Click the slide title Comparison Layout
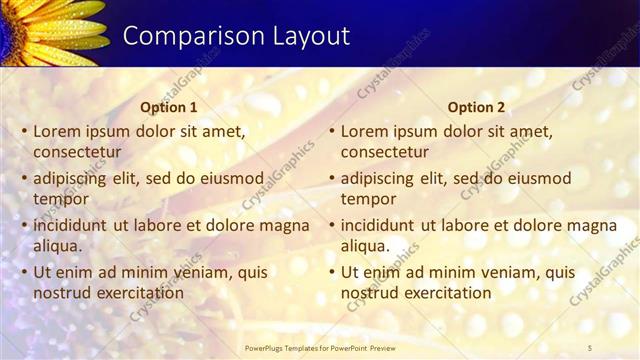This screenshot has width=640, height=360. [x=236, y=36]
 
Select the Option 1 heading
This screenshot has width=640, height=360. [x=169, y=107]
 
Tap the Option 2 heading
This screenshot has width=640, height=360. [x=476, y=107]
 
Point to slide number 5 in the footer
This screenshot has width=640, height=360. [x=591, y=346]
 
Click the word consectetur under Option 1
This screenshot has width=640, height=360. [x=77, y=152]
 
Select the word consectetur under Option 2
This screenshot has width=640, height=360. [x=385, y=152]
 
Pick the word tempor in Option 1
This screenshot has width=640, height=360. [x=61, y=199]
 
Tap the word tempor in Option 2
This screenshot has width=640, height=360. [x=369, y=199]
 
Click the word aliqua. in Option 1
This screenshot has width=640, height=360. [x=58, y=246]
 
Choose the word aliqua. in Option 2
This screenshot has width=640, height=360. [x=366, y=246]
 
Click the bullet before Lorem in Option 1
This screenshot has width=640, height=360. [x=23, y=132]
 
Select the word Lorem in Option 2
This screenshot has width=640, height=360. [x=364, y=131]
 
